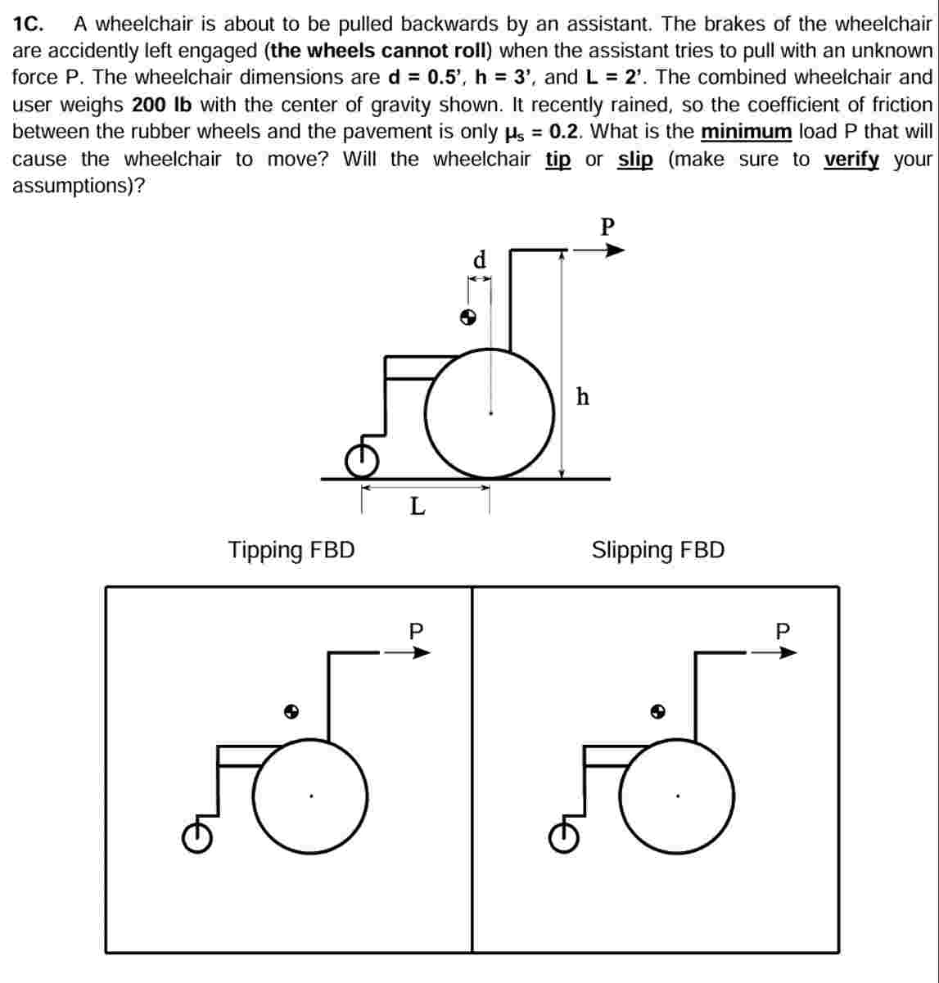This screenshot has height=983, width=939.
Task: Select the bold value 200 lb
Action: tap(161, 105)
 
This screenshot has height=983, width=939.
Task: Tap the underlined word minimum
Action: tap(746, 132)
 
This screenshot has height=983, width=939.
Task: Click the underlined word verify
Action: tap(851, 159)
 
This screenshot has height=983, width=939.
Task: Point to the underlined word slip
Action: tap(635, 159)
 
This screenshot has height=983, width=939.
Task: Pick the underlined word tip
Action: tap(558, 159)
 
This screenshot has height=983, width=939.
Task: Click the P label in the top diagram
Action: tap(607, 226)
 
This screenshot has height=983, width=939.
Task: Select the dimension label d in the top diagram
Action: tap(480, 260)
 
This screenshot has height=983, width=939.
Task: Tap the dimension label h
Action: tap(582, 397)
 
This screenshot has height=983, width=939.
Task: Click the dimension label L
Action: tap(418, 507)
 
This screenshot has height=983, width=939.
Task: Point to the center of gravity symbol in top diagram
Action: tap(467, 317)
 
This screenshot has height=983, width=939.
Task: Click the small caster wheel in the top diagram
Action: tap(361, 462)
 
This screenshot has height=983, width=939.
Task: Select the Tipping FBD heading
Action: tap(291, 550)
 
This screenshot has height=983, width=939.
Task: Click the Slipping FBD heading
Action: tap(658, 550)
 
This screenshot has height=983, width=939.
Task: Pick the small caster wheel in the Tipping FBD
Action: tap(197, 836)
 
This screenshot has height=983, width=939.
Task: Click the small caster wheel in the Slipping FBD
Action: tap(564, 836)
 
